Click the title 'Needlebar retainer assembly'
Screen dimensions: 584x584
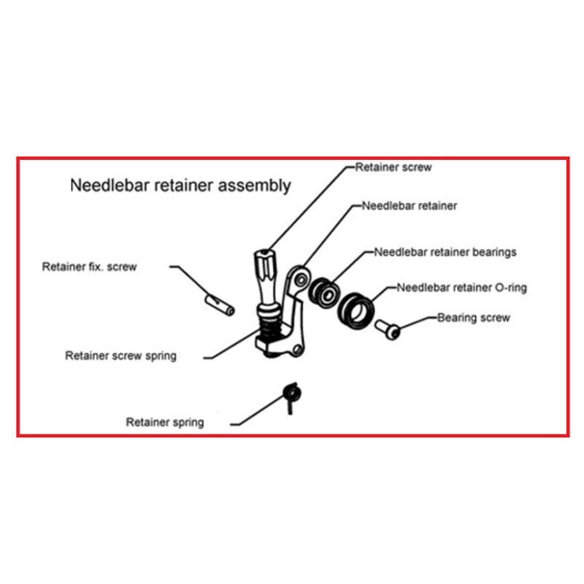(x=180, y=185)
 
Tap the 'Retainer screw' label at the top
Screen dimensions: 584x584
(x=393, y=167)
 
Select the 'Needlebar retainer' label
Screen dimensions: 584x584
(x=410, y=206)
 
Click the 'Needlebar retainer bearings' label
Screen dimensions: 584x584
(x=445, y=252)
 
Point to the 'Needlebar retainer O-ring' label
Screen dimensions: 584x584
(x=462, y=288)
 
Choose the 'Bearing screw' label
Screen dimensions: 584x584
(x=473, y=318)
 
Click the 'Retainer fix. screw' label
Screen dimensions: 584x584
(x=89, y=266)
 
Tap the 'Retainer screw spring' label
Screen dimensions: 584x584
(x=120, y=356)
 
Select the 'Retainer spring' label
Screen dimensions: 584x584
(x=165, y=423)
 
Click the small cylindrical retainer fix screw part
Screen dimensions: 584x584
(x=220, y=305)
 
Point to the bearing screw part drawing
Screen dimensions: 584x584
(x=388, y=330)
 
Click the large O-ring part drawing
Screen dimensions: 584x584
(x=356, y=311)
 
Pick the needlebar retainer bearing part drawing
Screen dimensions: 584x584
(x=324, y=293)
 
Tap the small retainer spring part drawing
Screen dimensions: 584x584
(x=291, y=396)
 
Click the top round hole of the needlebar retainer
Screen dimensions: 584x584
(x=301, y=280)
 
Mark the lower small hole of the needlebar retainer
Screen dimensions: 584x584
(x=297, y=350)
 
